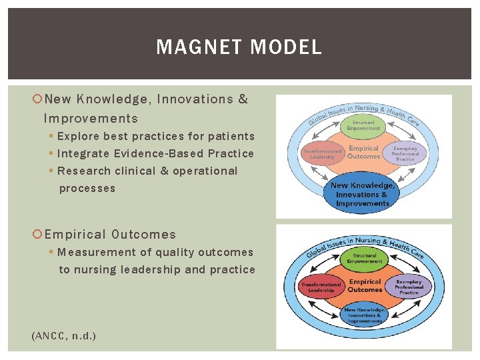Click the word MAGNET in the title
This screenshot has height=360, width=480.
pyautogui.click(x=193, y=47)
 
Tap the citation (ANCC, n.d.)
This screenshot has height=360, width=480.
pyautogui.click(x=64, y=336)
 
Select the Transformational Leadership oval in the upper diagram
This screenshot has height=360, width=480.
pyautogui.click(x=323, y=153)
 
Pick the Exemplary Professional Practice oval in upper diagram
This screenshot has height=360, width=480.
pyautogui.click(x=405, y=154)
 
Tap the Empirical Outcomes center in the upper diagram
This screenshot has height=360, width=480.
pyautogui.click(x=364, y=153)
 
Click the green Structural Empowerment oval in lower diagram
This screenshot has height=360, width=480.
pyautogui.click(x=365, y=259)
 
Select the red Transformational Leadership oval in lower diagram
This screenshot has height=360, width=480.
pyautogui.click(x=321, y=287)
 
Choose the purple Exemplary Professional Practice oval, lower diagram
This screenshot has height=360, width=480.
pyautogui.click(x=409, y=287)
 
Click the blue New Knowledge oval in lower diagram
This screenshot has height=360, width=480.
pyautogui.click(x=365, y=313)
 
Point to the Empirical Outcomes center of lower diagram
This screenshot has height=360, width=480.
pyautogui.click(x=365, y=286)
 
